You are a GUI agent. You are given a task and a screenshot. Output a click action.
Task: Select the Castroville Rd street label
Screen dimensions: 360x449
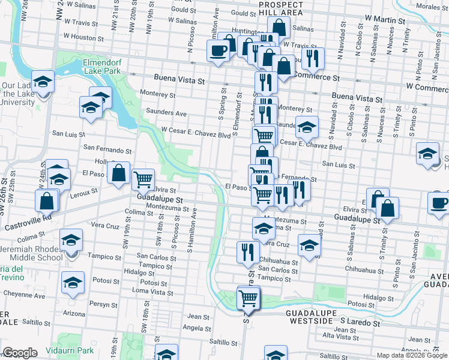click(x=28, y=225)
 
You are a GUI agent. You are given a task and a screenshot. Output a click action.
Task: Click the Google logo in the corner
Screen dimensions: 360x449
click(x=20, y=352)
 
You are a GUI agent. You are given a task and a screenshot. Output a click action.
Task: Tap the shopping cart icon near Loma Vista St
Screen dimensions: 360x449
click(x=248, y=296)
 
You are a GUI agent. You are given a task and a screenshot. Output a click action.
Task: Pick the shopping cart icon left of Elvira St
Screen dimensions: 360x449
click(x=143, y=178)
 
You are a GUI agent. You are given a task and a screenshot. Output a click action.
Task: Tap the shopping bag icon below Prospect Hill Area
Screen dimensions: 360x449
click(x=279, y=26)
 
